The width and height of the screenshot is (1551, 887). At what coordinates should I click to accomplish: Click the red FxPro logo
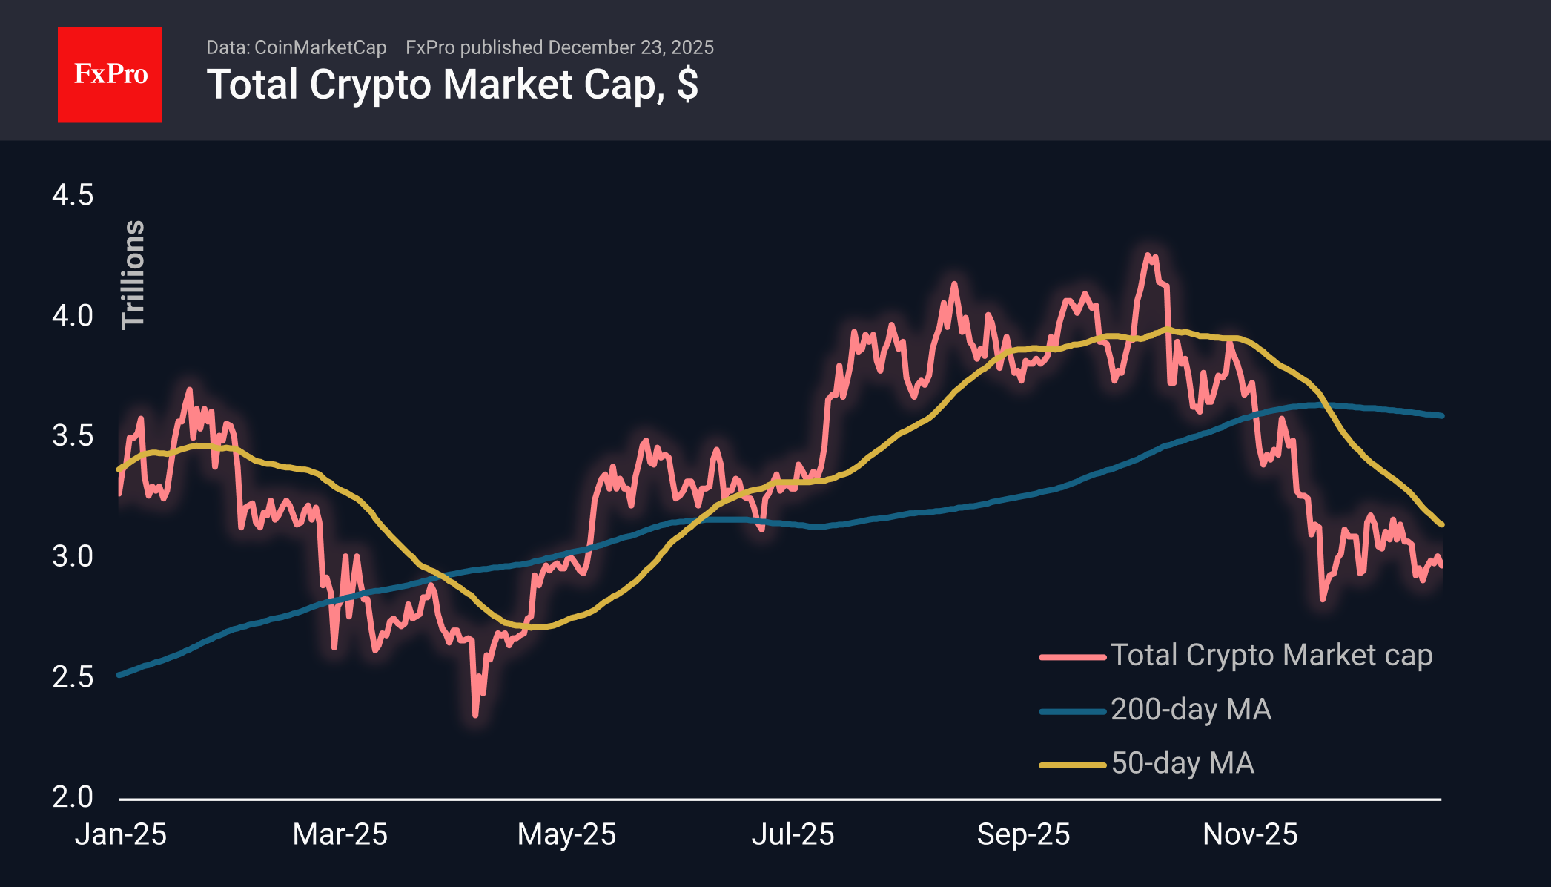[110, 74]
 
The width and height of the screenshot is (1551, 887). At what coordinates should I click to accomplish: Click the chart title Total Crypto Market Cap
[452, 85]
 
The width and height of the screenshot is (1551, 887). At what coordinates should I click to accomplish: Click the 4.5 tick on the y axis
[73, 195]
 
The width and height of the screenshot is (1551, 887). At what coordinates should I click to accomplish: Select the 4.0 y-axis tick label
[73, 315]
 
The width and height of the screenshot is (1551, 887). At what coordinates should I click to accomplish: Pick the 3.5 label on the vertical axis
[73, 435]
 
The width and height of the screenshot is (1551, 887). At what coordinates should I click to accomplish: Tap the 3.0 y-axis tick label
[73, 555]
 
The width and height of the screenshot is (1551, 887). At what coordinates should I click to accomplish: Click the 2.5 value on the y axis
[73, 676]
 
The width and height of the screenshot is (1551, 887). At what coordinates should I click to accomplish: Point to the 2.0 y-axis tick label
[73, 797]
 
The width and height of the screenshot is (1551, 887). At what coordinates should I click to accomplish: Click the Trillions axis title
[133, 274]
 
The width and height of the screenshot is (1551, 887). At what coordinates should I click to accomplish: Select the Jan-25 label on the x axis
[121, 834]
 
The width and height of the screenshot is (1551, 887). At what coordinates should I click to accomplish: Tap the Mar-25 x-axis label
[340, 834]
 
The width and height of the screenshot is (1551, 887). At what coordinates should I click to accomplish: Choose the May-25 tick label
[566, 834]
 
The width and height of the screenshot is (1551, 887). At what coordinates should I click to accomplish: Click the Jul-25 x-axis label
[793, 834]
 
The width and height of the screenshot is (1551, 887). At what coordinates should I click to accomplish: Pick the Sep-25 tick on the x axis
[1023, 834]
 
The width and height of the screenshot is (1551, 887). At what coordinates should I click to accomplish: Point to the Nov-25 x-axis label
[1250, 834]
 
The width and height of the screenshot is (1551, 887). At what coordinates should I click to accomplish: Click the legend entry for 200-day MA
[1190, 710]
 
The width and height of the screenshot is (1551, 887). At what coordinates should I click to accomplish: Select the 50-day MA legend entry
[1182, 763]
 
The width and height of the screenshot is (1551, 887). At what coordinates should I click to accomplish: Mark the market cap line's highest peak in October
[1148, 255]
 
